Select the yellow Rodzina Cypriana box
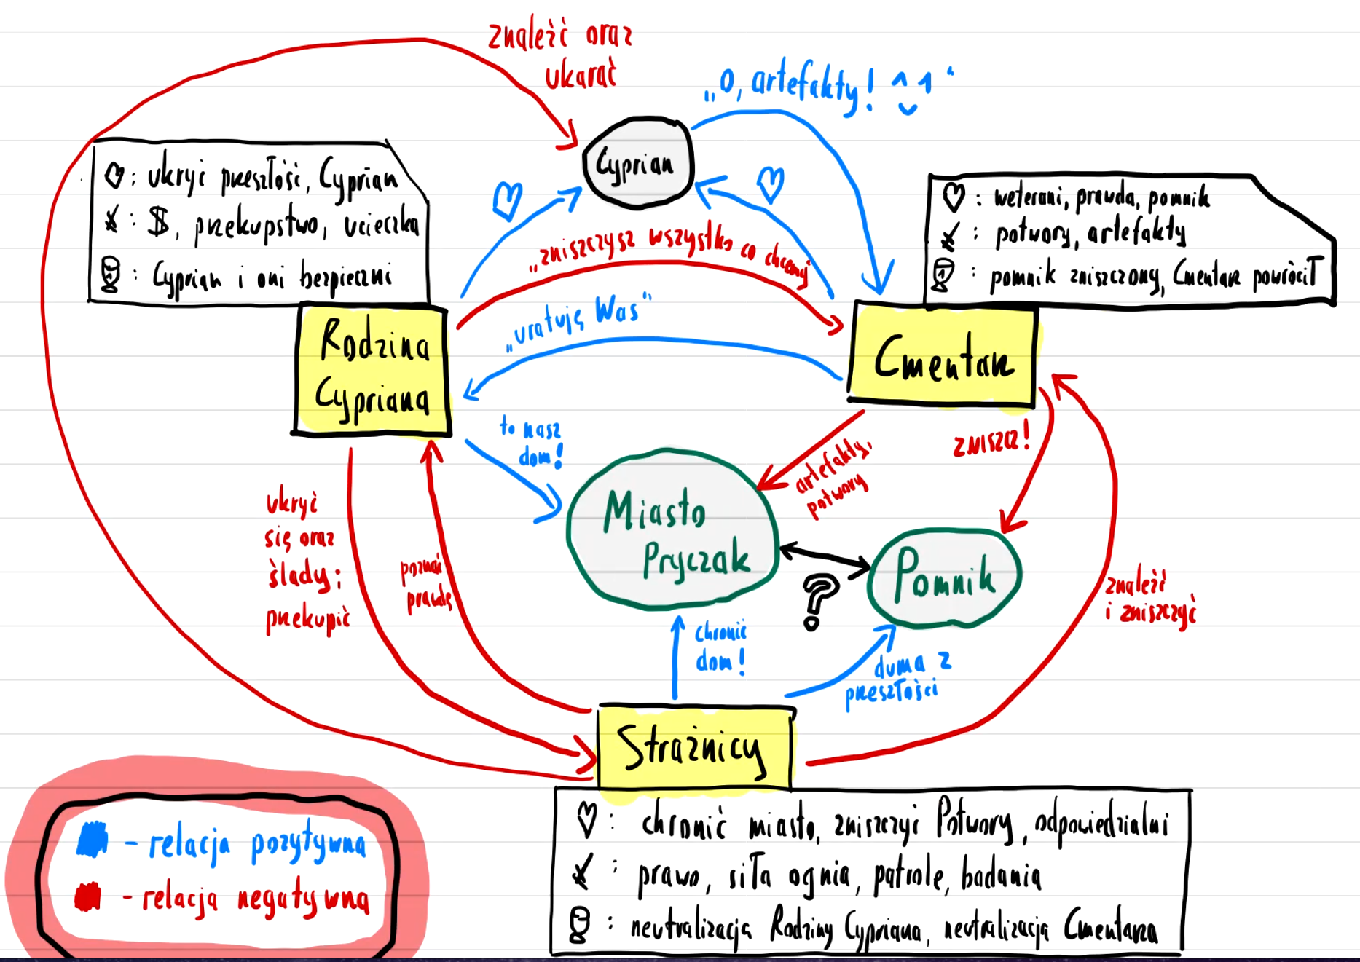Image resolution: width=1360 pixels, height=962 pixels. click(x=372, y=371)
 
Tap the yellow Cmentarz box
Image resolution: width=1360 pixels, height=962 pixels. click(x=943, y=355)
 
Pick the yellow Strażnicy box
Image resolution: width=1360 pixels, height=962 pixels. click(x=693, y=747)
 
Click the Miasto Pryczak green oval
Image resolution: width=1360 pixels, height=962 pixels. click(x=672, y=531)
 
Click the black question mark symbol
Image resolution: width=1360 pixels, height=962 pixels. click(x=818, y=600)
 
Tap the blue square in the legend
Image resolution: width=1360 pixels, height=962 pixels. click(x=93, y=840)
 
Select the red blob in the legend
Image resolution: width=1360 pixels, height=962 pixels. click(x=88, y=896)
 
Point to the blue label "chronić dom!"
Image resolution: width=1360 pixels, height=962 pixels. click(x=720, y=647)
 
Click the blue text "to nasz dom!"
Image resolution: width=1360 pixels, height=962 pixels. click(x=532, y=442)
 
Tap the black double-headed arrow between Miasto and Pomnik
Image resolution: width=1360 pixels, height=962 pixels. click(x=824, y=556)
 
